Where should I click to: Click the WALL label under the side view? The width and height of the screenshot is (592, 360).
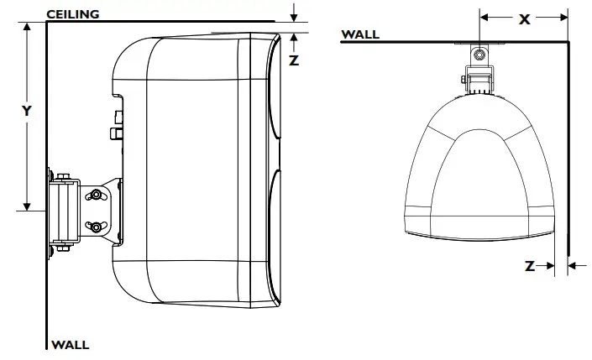point(71,344)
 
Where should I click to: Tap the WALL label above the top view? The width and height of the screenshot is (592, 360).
point(360,34)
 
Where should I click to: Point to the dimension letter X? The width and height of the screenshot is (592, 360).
point(525,18)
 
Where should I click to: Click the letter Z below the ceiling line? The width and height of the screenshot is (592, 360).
point(293,60)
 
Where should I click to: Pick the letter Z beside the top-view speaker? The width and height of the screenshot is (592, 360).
point(530,266)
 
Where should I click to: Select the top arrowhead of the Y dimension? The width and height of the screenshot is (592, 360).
point(28,28)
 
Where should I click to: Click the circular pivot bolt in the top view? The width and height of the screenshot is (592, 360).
point(478,55)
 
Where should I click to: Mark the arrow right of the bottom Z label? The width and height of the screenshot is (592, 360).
point(574,266)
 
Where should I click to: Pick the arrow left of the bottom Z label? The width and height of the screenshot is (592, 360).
point(547,266)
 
